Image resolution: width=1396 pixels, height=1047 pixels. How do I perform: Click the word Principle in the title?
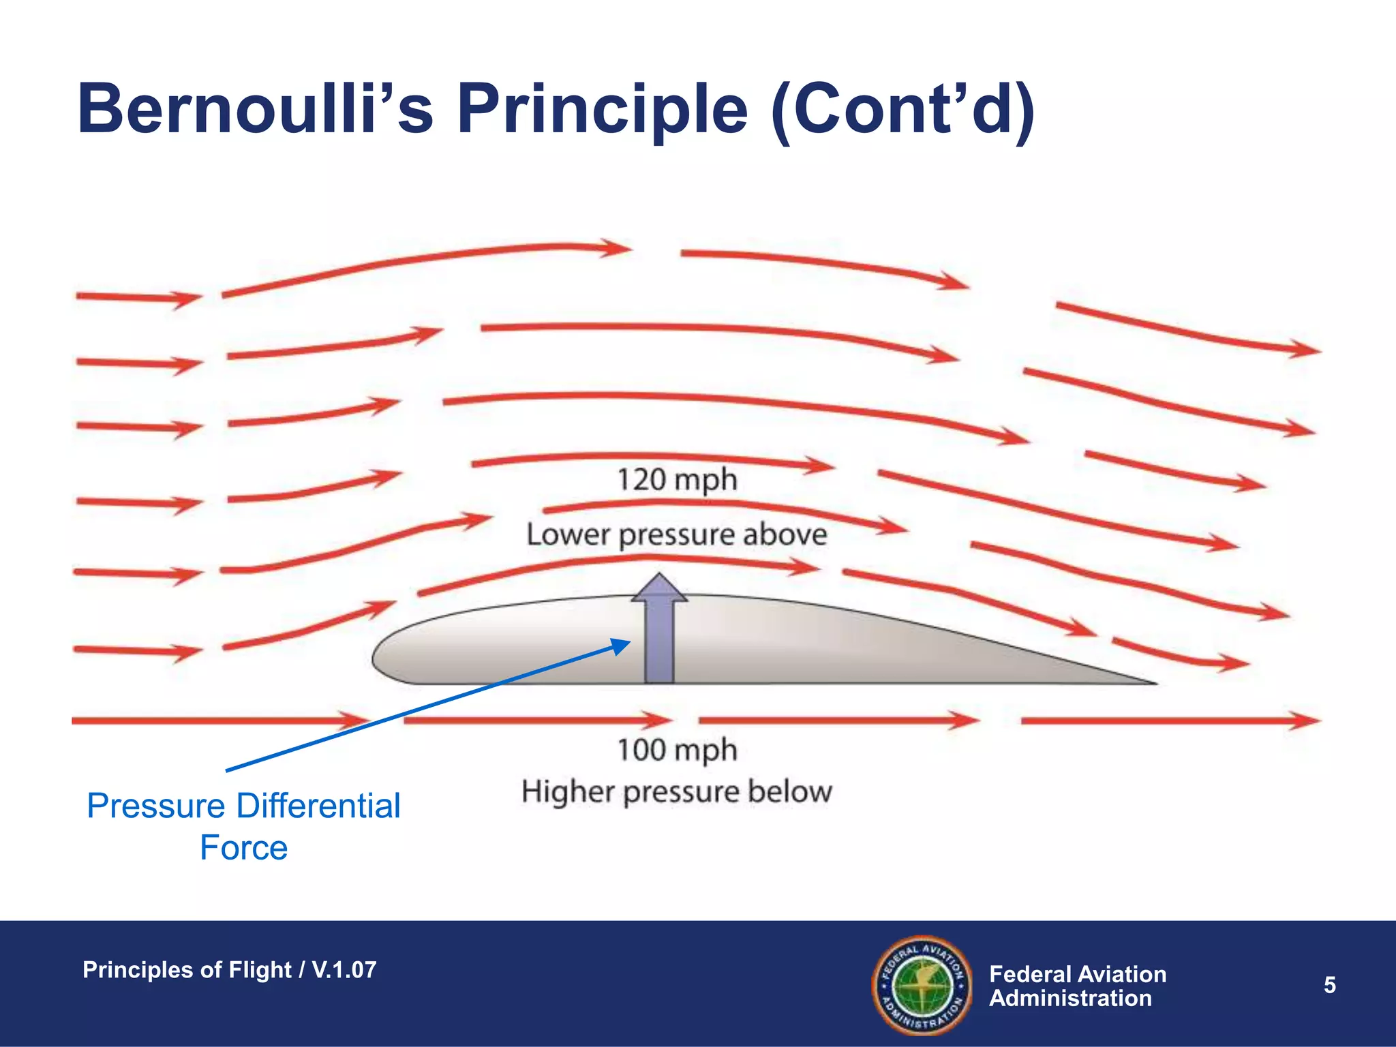click(603, 109)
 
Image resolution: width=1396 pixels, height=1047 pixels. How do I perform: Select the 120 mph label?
click(677, 479)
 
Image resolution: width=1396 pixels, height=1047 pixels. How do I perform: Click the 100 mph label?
click(677, 750)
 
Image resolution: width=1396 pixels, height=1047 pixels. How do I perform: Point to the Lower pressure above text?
click(677, 534)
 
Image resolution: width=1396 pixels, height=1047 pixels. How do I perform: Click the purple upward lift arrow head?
click(659, 588)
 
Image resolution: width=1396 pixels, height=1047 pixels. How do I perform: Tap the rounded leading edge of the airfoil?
click(377, 658)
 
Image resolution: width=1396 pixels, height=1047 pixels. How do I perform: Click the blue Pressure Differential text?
click(243, 806)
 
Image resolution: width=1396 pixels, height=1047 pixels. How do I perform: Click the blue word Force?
click(243, 848)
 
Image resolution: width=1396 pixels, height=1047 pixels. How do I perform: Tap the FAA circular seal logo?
click(922, 985)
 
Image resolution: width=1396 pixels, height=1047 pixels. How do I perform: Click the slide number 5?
click(1329, 985)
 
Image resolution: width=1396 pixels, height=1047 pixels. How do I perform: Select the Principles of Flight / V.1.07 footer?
click(229, 969)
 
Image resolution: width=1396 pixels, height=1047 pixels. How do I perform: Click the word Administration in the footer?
click(1070, 999)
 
